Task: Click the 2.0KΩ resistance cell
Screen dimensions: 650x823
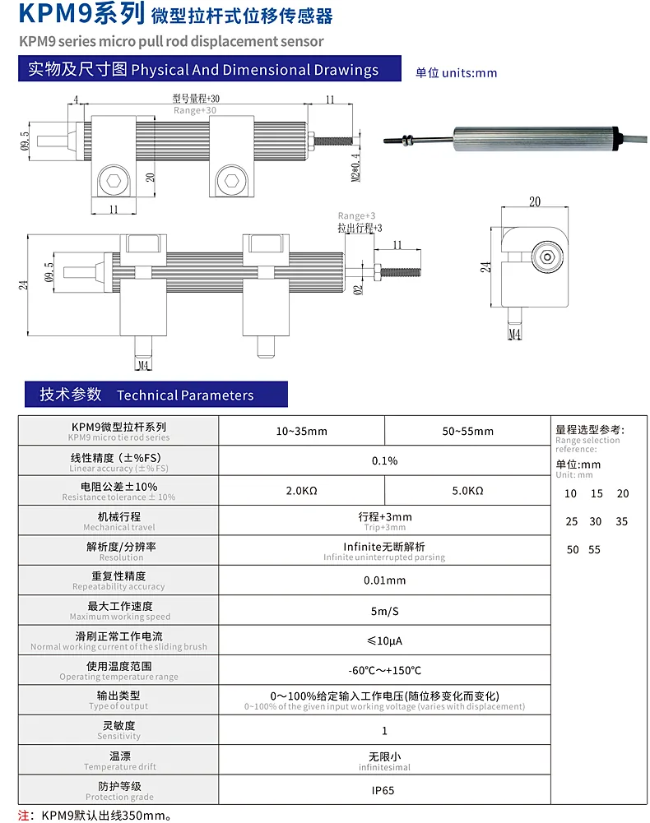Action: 302,491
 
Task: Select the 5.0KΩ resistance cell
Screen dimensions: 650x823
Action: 467,491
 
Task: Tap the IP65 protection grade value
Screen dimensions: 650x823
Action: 383,790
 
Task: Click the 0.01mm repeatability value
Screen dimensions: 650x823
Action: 384,580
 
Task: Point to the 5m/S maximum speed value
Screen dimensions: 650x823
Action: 384,611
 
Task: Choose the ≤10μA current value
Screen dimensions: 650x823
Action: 384,640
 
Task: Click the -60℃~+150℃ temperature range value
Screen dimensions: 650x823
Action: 384,671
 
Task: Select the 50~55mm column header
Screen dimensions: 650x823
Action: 467,432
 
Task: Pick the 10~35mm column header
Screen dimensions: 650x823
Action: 302,432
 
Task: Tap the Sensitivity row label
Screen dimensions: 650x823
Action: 118,730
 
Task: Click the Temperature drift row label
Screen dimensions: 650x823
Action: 120,761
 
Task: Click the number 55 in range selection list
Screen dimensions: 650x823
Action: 594,550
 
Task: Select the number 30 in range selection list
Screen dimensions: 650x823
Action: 596,522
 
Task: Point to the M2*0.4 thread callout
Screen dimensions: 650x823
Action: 355,167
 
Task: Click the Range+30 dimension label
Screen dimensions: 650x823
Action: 195,110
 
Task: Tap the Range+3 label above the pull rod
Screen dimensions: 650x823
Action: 357,215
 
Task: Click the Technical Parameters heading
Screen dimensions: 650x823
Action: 185,395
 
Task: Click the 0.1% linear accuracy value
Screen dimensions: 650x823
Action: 384,461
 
